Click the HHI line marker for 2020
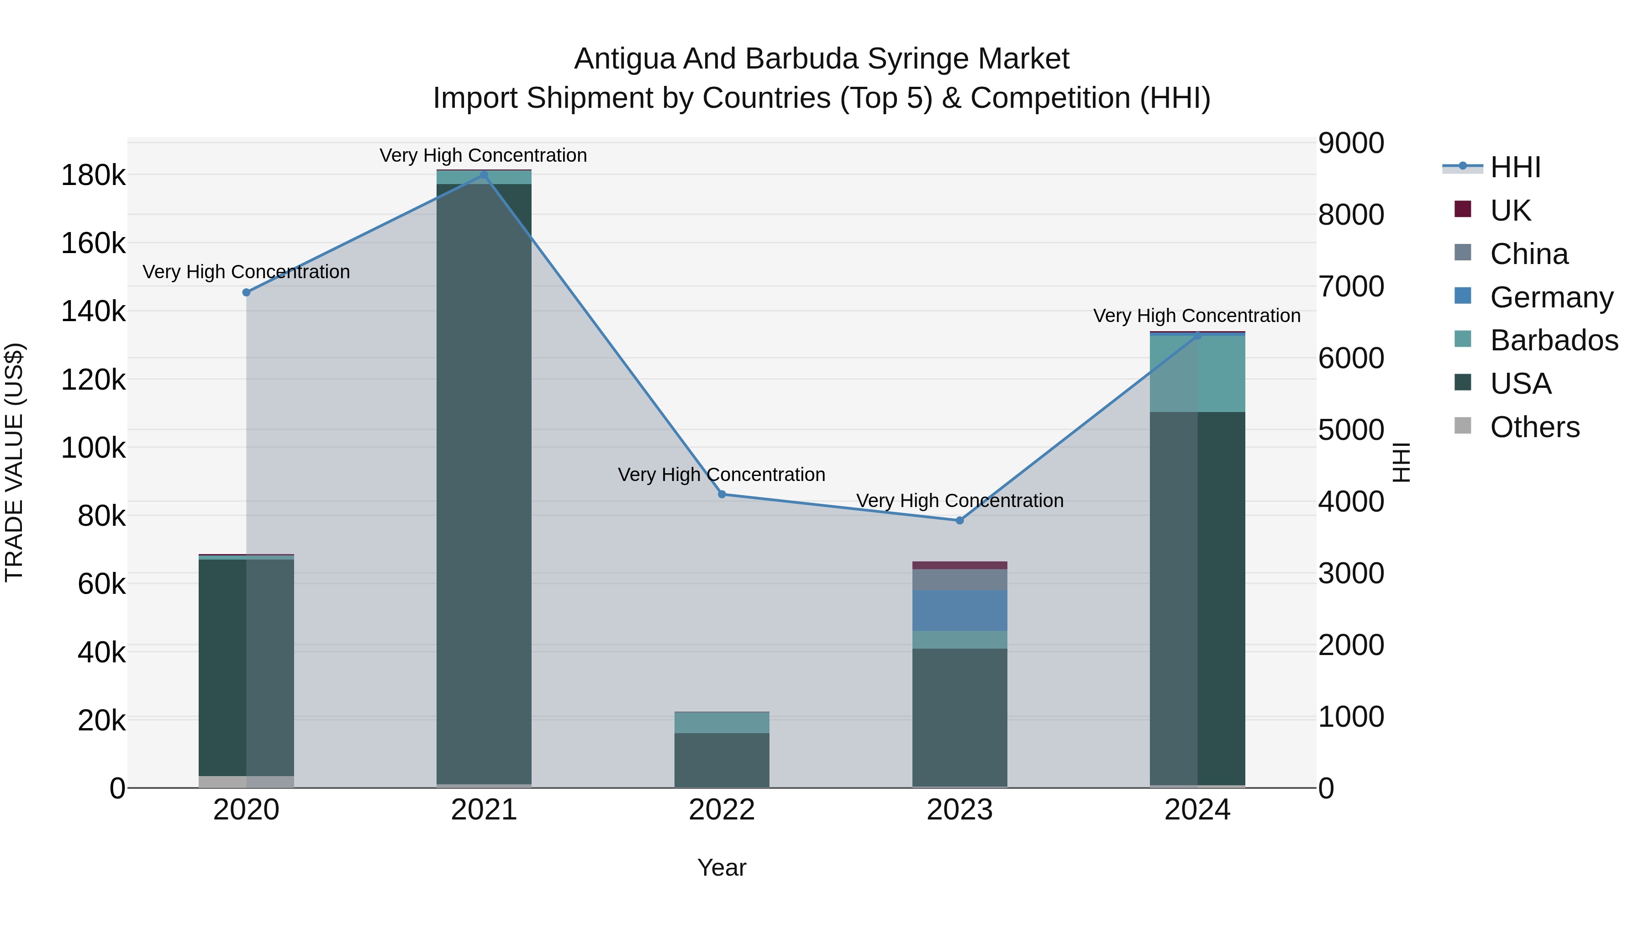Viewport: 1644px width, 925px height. pos(246,292)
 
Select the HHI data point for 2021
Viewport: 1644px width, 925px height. pos(484,175)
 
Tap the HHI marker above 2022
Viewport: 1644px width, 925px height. pos(722,494)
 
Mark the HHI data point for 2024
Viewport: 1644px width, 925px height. pos(1197,336)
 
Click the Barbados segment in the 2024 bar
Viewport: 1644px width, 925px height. pos(1197,374)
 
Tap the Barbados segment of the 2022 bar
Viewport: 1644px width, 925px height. pos(722,723)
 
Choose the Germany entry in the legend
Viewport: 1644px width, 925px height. pos(1551,297)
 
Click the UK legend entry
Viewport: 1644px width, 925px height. pos(1510,211)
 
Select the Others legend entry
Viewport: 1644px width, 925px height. pos(1534,427)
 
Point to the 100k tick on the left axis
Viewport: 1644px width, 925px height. pos(93,448)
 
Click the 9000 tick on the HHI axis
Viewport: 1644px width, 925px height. pos(1351,143)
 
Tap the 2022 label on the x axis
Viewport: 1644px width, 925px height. pos(722,810)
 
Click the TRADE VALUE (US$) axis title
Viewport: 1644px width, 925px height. pos(14,462)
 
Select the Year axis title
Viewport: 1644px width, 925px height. pos(722,867)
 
